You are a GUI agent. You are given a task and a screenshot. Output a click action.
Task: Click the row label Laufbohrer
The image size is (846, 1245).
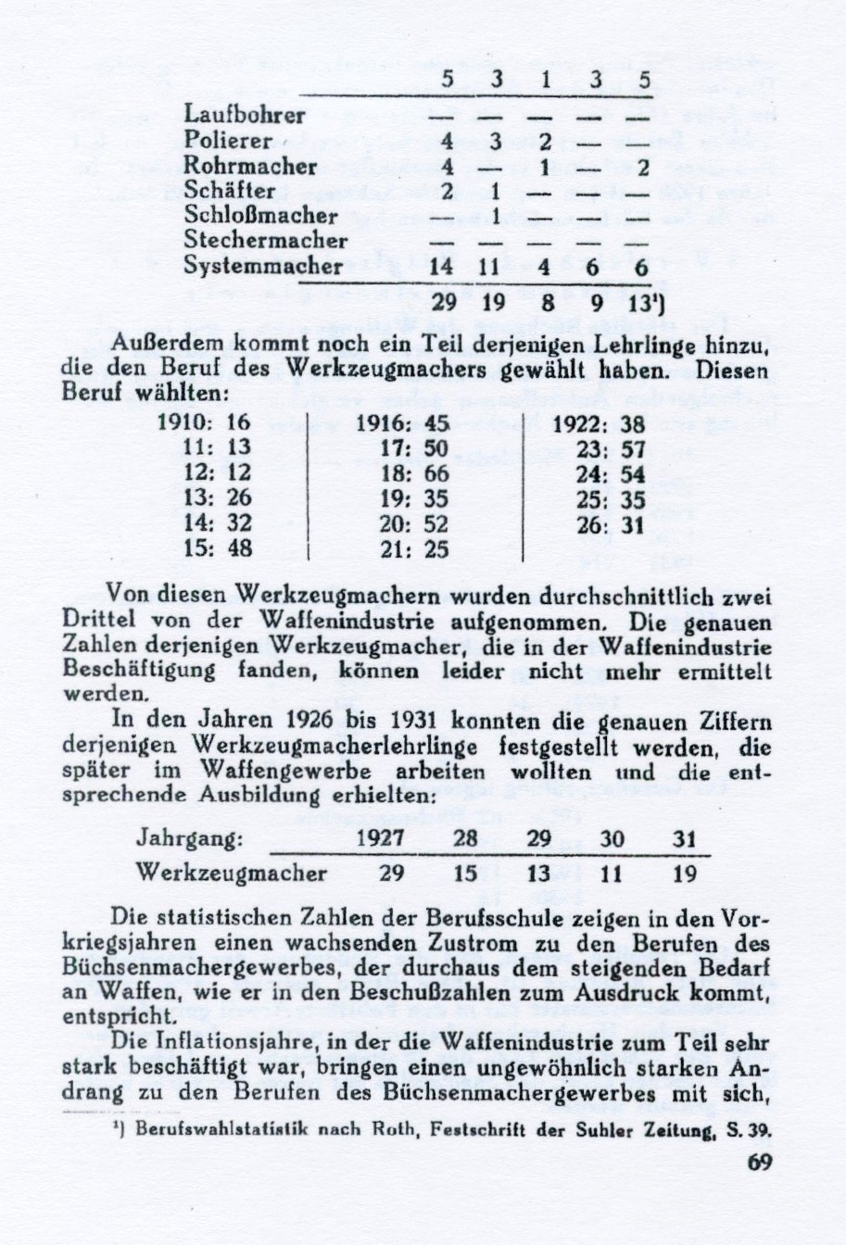tap(245, 117)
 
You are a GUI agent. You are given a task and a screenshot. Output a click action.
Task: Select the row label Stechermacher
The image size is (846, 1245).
tap(265, 241)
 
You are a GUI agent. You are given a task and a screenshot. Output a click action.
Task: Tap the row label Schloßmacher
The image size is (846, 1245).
tap(260, 216)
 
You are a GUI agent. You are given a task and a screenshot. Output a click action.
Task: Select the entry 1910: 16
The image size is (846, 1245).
tap(204, 422)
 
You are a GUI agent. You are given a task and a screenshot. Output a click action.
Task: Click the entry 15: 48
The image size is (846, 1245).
tap(214, 548)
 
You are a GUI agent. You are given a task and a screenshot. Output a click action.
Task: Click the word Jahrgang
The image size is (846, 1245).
tap(189, 839)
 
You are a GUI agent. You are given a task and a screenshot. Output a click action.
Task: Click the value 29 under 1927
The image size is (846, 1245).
tap(393, 874)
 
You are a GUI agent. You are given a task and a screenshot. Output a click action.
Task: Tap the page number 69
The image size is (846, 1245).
tap(759, 1163)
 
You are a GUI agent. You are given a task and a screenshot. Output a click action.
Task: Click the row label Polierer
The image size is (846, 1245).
tap(228, 142)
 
